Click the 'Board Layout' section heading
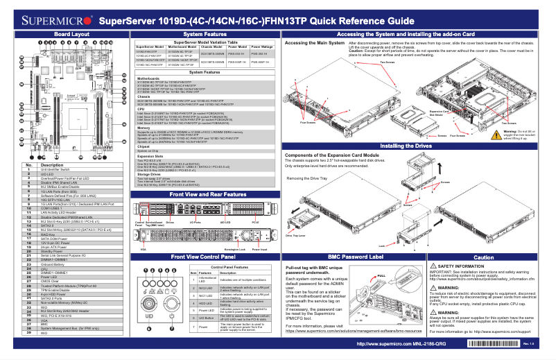pos(71,33)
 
